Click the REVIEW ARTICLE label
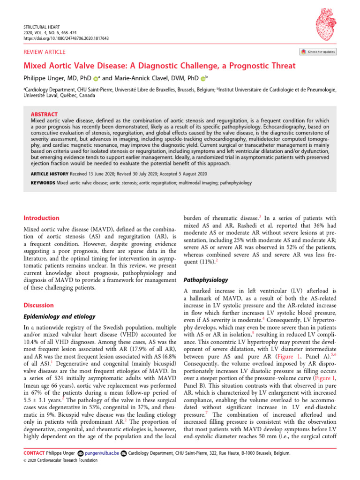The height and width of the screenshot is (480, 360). (x=45, y=52)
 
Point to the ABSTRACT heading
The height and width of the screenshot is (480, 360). (x=44, y=114)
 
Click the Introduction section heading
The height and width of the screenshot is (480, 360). (x=41, y=218)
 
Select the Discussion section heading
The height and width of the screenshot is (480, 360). (x=38, y=305)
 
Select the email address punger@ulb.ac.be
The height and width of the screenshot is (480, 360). (x=102, y=453)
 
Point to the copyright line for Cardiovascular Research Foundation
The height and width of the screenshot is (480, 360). (x=60, y=460)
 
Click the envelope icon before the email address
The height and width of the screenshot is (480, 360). (x=80, y=453)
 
